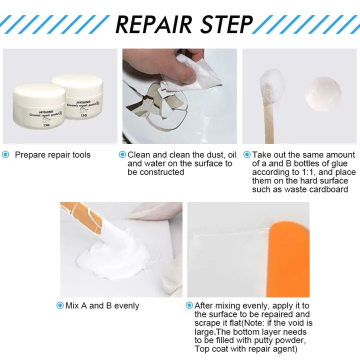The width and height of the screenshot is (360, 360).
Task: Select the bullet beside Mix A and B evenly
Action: pyautogui.click(x=60, y=305)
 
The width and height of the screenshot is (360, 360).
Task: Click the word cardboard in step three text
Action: pyautogui.click(x=328, y=189)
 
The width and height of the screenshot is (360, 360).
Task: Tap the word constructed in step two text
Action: pyautogui.click(x=161, y=172)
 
